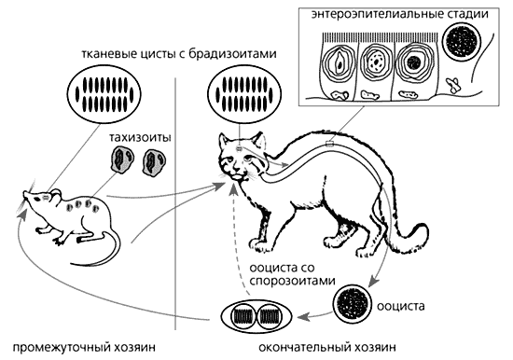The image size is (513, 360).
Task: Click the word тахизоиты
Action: [140, 138]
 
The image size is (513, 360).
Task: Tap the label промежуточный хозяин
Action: [84, 347]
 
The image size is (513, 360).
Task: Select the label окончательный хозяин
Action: [327, 347]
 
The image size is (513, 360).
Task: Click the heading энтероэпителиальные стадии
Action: [400, 15]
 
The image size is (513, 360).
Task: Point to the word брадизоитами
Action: [232, 54]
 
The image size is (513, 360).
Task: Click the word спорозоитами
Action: [293, 281]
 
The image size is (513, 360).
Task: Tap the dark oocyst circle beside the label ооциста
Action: [353, 303]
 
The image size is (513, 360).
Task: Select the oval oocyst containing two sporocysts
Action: [256, 316]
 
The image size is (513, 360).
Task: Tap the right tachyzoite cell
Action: [154, 162]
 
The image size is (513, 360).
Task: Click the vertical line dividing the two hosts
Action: [175, 203]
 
